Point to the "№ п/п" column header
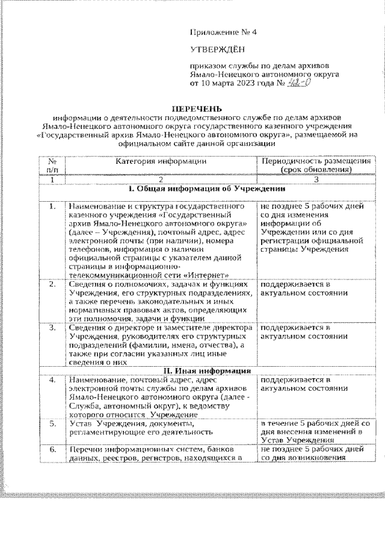click(x=52, y=165)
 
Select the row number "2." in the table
click(x=52, y=283)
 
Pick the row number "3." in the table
click(x=52, y=328)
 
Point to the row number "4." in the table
click(x=52, y=380)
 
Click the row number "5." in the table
click(x=52, y=424)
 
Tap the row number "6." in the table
click(x=52, y=450)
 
